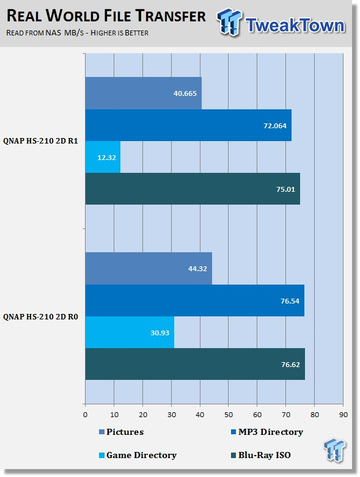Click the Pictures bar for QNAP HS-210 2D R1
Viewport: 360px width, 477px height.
[144, 93]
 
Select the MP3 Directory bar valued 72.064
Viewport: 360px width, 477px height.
[188, 125]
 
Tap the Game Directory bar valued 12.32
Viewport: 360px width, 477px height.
[103, 157]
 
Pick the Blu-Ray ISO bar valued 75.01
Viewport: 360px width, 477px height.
[193, 189]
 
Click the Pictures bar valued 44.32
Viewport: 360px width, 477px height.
[149, 268]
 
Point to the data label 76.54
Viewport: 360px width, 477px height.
[290, 301]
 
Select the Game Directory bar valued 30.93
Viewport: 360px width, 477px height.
[130, 332]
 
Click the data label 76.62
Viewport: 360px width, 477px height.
[290, 364]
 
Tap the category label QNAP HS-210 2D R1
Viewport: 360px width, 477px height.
[40, 141]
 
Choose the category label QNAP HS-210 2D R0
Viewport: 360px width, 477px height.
[40, 317]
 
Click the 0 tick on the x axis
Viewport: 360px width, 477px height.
[85, 415]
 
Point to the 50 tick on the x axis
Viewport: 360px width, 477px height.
[229, 415]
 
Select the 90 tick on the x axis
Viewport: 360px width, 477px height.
[343, 415]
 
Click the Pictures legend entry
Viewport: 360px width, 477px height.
[122, 432]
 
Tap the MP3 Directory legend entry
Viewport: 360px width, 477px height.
[267, 432]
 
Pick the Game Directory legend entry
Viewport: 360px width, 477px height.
[138, 455]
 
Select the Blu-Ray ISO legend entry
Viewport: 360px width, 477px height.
[261, 455]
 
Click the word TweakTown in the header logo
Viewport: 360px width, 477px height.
[295, 25]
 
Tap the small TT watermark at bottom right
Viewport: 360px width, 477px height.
[334, 450]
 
